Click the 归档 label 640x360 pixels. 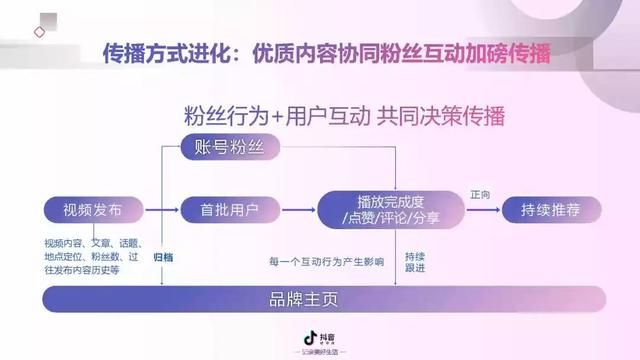163,257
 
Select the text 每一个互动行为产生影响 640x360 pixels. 326,262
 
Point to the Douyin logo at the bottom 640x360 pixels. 319,339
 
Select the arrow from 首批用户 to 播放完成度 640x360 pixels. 290,210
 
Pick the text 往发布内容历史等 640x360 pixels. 82,270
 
